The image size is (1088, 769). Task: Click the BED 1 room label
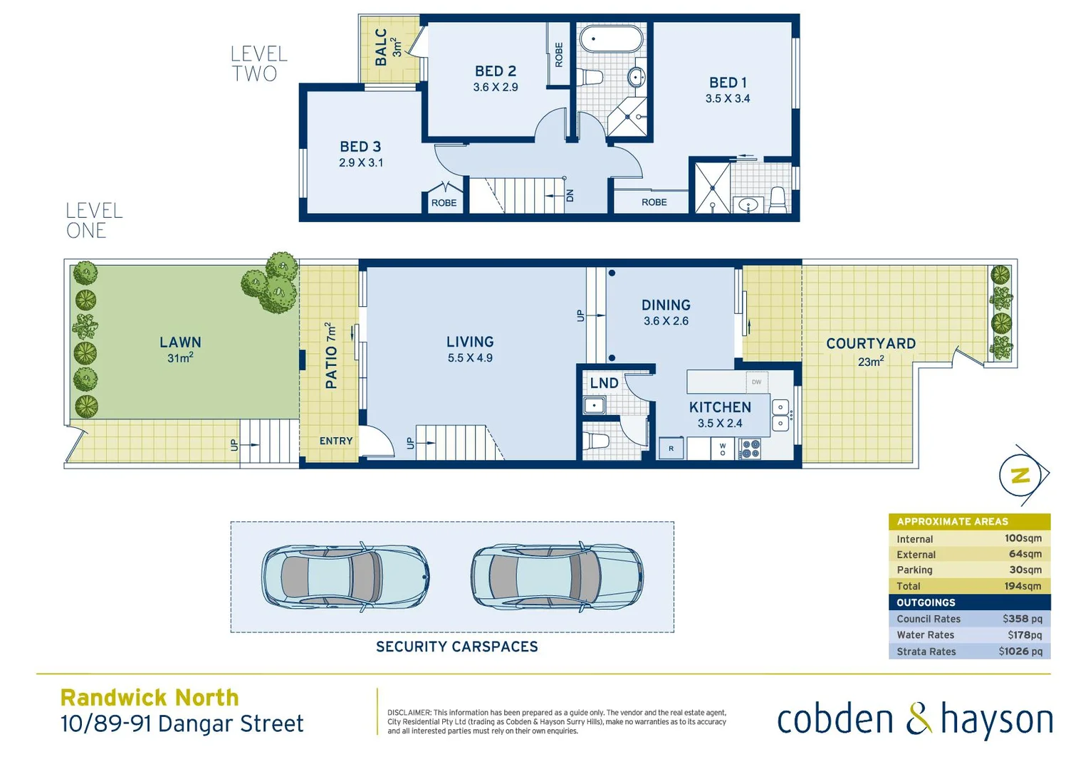(728, 83)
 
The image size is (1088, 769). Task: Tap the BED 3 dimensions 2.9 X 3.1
(361, 163)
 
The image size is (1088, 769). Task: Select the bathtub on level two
(611, 39)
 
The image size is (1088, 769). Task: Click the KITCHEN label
(720, 407)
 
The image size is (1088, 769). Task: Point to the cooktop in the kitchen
(750, 449)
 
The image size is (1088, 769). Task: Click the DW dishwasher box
(756, 382)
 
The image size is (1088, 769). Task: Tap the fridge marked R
(671, 449)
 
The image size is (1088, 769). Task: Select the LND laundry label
(604, 383)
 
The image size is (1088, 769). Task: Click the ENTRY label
(336, 441)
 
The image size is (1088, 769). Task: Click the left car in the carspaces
(346, 577)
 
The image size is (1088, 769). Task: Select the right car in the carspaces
(557, 577)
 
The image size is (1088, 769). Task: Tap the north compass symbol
(1021, 475)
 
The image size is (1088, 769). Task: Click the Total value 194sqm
(1022, 586)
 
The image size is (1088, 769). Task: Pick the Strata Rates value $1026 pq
(1020, 652)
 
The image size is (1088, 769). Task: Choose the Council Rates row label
(929, 619)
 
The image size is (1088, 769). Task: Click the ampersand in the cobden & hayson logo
(919, 718)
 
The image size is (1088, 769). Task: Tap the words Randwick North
(150, 697)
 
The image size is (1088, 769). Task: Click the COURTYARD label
(871, 344)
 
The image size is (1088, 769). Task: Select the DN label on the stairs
(570, 196)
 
